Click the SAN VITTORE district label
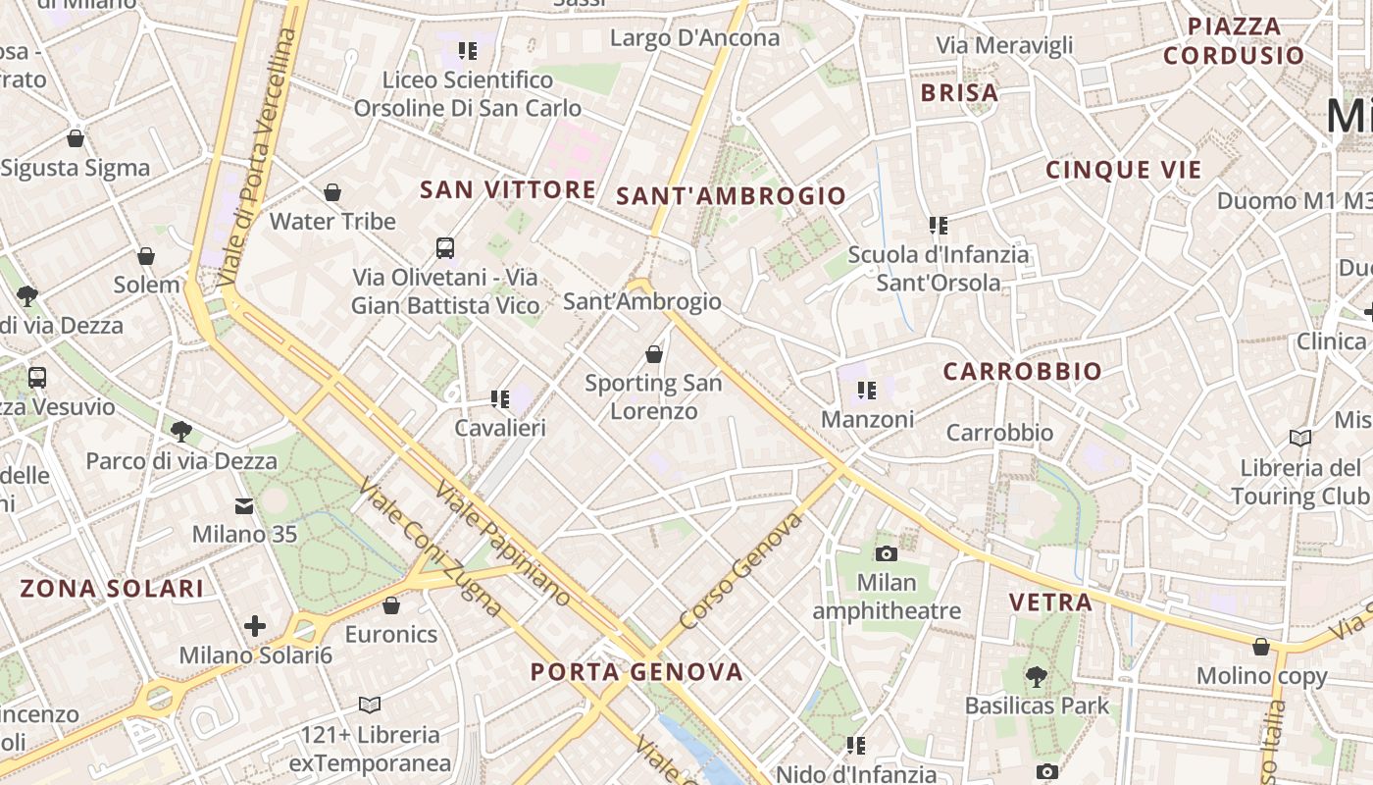pyautogui.click(x=507, y=189)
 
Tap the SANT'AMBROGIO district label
pyautogui.click(x=731, y=195)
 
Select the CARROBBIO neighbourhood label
pyautogui.click(x=1022, y=372)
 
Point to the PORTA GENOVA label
pyautogui.click(x=636, y=672)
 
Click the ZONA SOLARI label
pyautogui.click(x=112, y=589)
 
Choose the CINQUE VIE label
pyautogui.click(x=1123, y=170)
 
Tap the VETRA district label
pyautogui.click(x=1050, y=602)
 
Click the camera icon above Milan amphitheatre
pyautogui.click(x=886, y=554)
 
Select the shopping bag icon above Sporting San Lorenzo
pyautogui.click(x=654, y=354)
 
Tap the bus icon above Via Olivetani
pyautogui.click(x=445, y=247)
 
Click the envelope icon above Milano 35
pyautogui.click(x=243, y=506)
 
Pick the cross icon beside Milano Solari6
pyautogui.click(x=255, y=625)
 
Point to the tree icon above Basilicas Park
pyautogui.click(x=1036, y=676)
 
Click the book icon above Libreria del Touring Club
pyautogui.click(x=1300, y=438)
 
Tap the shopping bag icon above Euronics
pyautogui.click(x=391, y=605)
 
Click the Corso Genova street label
pyautogui.click(x=740, y=571)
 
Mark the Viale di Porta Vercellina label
pyautogui.click(x=258, y=157)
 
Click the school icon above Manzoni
pyautogui.click(x=866, y=392)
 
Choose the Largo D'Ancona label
pyautogui.click(x=694, y=38)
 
